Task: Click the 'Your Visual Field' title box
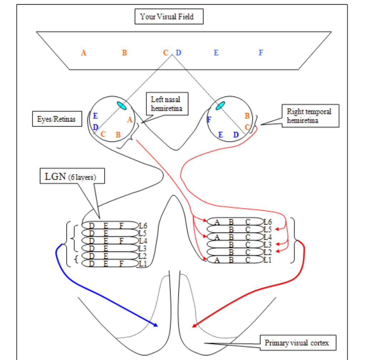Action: [169, 17]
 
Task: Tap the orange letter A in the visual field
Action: [83, 53]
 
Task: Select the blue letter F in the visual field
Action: [261, 53]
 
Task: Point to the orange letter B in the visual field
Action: [124, 53]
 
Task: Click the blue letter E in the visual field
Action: [216, 53]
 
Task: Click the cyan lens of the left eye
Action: [121, 106]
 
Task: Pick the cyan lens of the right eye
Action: [220, 106]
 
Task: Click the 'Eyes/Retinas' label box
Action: [56, 119]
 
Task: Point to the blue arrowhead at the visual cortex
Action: [156, 325]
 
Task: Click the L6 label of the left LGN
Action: [143, 225]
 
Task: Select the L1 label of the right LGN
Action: [268, 260]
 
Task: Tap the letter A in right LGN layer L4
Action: [217, 237]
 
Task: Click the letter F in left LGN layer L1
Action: [121, 264]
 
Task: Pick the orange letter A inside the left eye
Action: [129, 120]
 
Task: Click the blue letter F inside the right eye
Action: [209, 120]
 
